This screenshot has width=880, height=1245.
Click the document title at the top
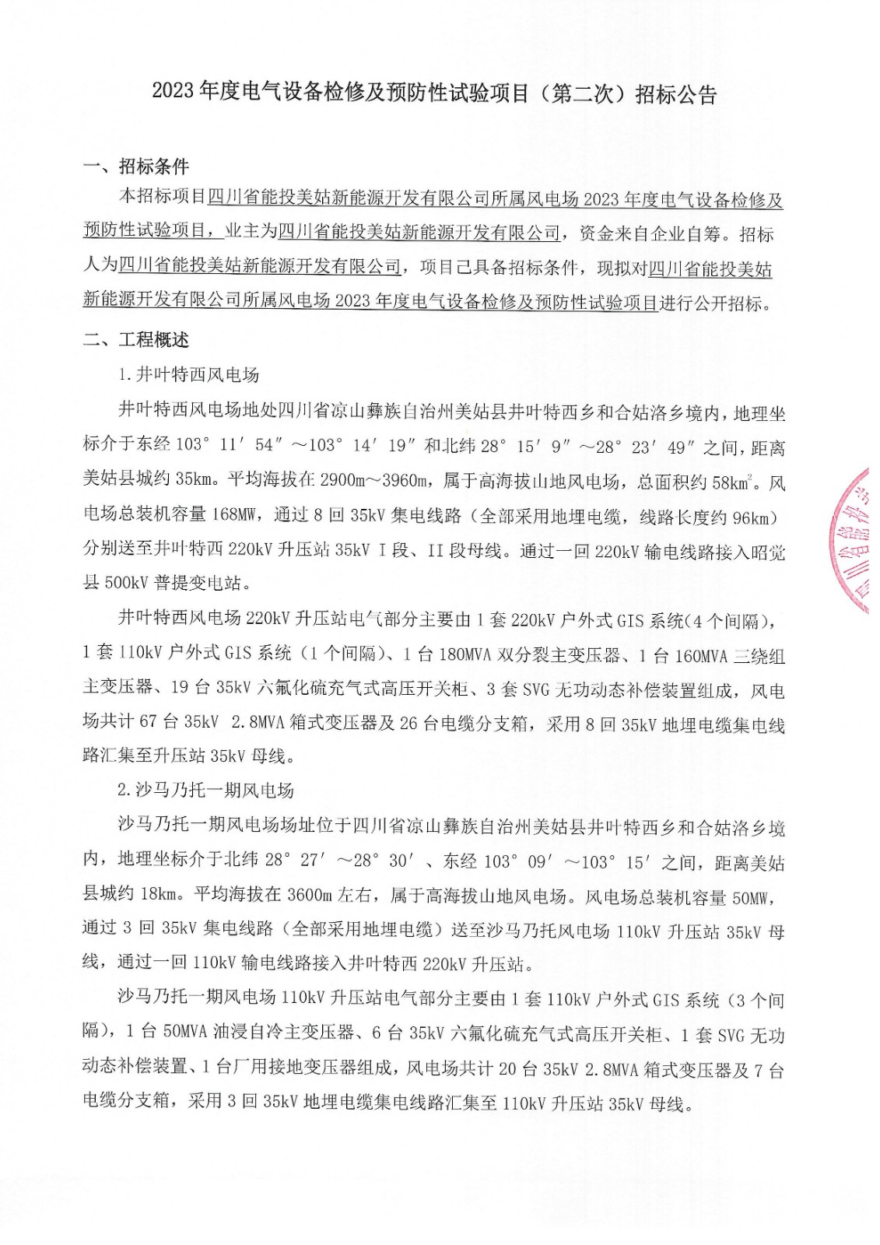433,94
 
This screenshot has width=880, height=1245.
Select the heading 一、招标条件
136,167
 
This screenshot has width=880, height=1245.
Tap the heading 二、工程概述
136,340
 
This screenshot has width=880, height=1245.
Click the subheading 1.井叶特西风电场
188,375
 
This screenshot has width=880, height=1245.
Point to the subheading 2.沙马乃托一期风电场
205,791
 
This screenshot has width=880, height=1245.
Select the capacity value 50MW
750,898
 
